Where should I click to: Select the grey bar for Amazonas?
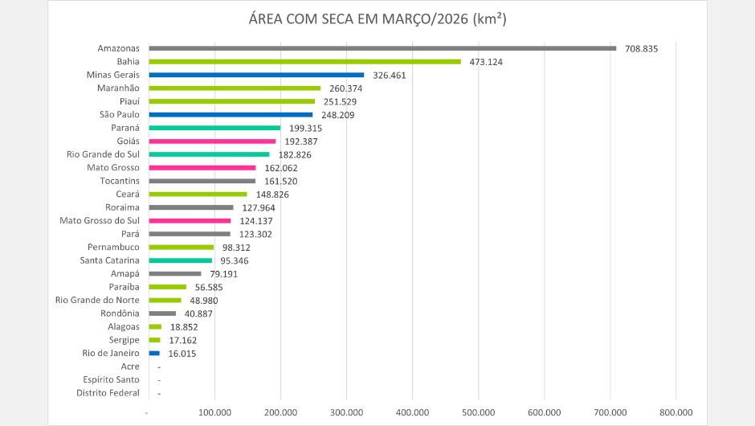coord(382,48)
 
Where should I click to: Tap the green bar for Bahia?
coord(305,62)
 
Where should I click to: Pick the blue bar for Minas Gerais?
coord(256,75)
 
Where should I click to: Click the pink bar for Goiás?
coord(212,141)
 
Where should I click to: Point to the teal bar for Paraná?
coord(214,128)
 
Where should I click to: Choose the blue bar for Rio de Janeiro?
coord(154,353)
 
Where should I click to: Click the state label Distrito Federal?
coord(108,393)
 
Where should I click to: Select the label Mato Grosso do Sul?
coord(100,220)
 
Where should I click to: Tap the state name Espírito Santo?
coord(111,379)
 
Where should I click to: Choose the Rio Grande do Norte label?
coord(97,300)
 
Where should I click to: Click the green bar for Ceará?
coord(198,194)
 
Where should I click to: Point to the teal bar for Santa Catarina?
coord(181,260)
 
